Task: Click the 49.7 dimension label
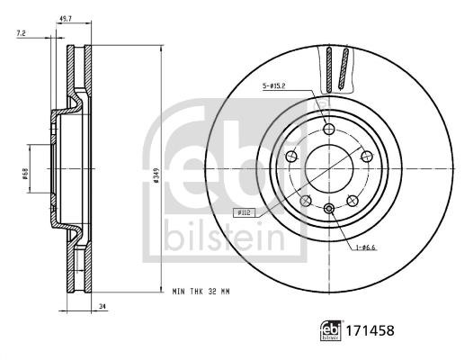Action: pos(65,18)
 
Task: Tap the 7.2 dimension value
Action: pos(21,33)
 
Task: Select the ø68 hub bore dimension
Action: pos(25,174)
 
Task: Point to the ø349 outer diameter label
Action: pos(156,175)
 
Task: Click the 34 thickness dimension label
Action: pos(103,306)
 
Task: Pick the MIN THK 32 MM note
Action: pos(201,292)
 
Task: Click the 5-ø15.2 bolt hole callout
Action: pos(274,85)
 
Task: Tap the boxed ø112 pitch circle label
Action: pos(245,213)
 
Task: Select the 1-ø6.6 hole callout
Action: pos(365,247)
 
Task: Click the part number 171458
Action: pos(370,330)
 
